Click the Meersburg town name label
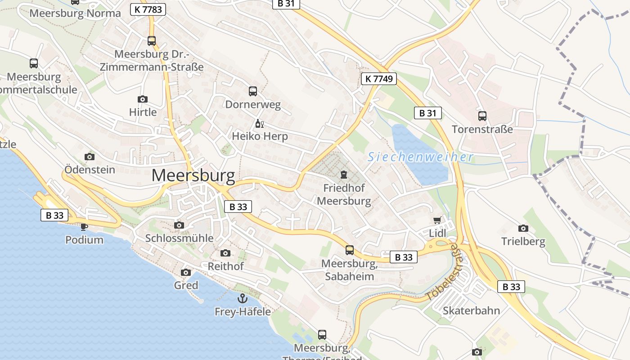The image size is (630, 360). click(x=193, y=175)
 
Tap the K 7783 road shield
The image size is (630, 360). click(x=148, y=9)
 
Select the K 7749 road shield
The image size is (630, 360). click(x=378, y=79)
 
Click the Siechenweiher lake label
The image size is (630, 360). click(x=420, y=157)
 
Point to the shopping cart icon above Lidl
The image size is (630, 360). click(x=437, y=220)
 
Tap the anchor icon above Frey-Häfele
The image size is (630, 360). click(x=243, y=298)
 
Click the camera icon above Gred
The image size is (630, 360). click(x=185, y=272)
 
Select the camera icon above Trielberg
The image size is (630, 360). click(x=523, y=228)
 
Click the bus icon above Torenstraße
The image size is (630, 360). click(x=482, y=116)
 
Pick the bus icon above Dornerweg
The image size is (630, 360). click(x=253, y=91)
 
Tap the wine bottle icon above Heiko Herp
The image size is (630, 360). click(x=259, y=123)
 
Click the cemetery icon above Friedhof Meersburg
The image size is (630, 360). click(x=344, y=174)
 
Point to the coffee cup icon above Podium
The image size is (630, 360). click(x=84, y=226)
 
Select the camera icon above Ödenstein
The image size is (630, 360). click(x=90, y=157)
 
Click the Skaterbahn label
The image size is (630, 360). click(x=471, y=310)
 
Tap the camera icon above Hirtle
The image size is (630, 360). click(x=143, y=99)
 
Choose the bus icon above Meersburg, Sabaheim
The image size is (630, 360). click(x=350, y=250)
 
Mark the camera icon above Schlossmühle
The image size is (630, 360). click(x=179, y=225)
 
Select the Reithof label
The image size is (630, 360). click(x=225, y=266)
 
